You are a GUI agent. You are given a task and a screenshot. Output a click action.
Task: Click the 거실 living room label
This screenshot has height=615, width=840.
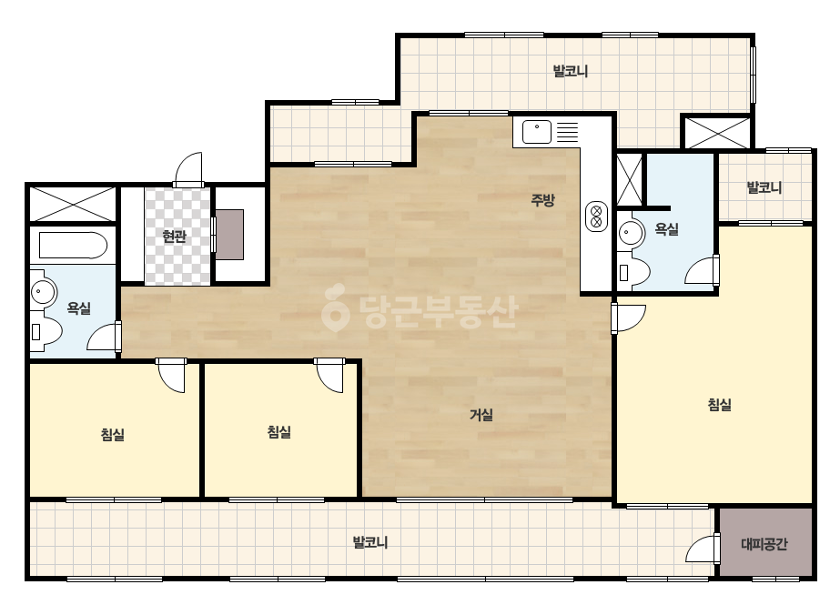[x=481, y=415]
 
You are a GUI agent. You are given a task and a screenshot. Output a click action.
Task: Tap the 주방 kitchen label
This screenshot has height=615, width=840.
[x=542, y=200]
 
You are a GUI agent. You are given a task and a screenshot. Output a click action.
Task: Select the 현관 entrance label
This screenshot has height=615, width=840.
[x=174, y=237]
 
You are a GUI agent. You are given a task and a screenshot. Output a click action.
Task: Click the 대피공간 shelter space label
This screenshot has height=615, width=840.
[x=764, y=544]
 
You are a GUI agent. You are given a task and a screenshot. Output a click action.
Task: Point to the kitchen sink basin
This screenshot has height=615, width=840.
[x=537, y=132]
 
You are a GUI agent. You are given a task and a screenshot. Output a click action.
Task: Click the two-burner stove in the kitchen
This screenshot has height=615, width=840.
[x=596, y=217]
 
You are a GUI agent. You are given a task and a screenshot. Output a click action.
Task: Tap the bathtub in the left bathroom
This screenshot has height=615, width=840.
[x=73, y=246]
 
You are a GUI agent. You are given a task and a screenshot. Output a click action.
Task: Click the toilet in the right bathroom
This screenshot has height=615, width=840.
[x=633, y=272]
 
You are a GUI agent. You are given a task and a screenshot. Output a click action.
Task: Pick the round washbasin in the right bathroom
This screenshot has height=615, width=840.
[x=631, y=234]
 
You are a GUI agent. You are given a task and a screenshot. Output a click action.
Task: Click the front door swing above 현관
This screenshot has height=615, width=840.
[x=189, y=170]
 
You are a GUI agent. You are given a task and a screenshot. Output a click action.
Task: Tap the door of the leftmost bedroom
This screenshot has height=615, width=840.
[x=171, y=376]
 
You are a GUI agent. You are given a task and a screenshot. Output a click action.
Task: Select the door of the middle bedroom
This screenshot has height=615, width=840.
[x=329, y=376]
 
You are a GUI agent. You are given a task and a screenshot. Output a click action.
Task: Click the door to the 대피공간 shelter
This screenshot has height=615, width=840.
[x=703, y=548]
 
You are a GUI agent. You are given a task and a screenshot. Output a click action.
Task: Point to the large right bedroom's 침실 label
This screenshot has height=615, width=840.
[x=720, y=405]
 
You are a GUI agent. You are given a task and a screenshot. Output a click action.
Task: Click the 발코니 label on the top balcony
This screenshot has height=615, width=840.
[x=570, y=71]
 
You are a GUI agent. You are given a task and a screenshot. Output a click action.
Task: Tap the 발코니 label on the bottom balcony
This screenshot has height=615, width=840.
[x=369, y=542]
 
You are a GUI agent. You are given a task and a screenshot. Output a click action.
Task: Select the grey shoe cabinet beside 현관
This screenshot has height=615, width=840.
[x=230, y=235]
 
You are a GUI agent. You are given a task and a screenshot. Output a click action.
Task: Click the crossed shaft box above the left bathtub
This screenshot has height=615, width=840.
[x=72, y=204]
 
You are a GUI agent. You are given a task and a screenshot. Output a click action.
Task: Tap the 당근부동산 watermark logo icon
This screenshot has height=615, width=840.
[x=335, y=308]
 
